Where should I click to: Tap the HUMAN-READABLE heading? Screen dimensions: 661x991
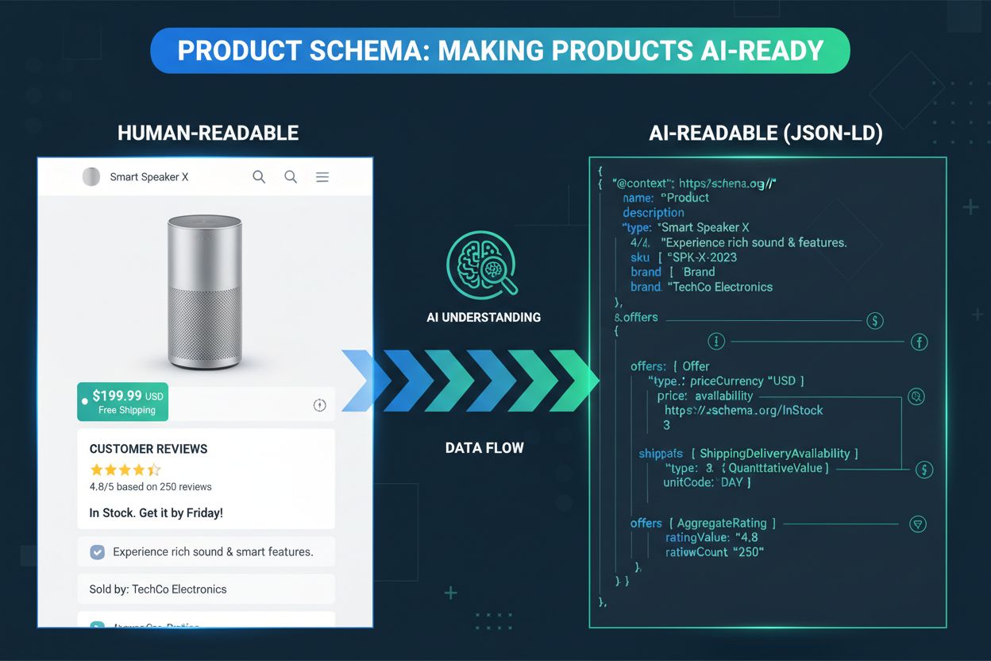point(208,133)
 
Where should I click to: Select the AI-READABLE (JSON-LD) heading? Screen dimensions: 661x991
point(765,133)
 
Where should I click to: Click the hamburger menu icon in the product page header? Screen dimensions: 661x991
point(322,177)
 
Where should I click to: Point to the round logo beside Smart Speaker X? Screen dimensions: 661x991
point(91,177)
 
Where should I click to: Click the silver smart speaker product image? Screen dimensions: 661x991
point(205,292)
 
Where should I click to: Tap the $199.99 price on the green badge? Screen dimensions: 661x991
point(118,395)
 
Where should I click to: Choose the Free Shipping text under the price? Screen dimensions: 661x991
point(127,410)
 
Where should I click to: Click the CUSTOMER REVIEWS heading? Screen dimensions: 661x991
point(148,449)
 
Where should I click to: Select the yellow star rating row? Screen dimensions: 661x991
point(125,470)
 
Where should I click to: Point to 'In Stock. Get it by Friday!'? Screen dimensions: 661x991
point(156,512)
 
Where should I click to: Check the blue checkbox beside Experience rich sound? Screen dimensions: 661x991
point(98,551)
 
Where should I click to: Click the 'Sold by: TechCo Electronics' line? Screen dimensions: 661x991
point(157,589)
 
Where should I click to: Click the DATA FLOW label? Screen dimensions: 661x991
point(484,448)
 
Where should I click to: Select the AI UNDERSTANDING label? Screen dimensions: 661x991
point(484,317)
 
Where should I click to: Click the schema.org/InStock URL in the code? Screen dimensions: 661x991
point(743,410)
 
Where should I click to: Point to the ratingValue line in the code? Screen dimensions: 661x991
point(711,538)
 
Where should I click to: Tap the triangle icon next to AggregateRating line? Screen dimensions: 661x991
point(918,524)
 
